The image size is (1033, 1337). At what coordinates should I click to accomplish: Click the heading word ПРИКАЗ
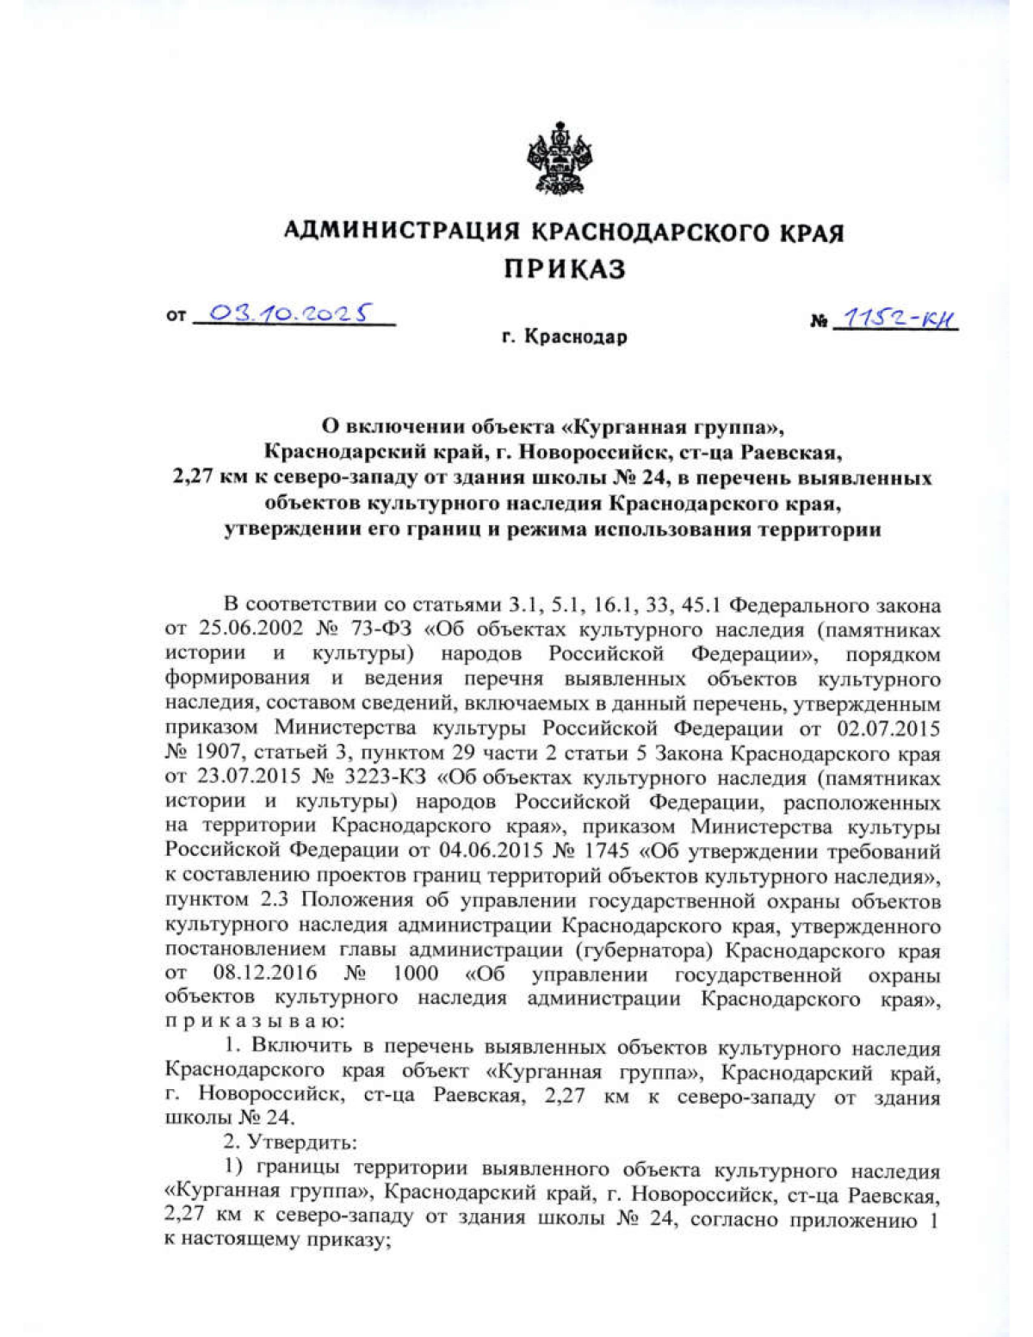[565, 269]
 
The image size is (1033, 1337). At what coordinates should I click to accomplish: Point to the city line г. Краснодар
[565, 337]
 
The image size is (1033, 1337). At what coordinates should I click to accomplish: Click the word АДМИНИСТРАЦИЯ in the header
[401, 232]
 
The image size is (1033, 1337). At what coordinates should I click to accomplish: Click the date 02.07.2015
[888, 728]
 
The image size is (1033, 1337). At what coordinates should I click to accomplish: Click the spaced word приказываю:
[255, 1023]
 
